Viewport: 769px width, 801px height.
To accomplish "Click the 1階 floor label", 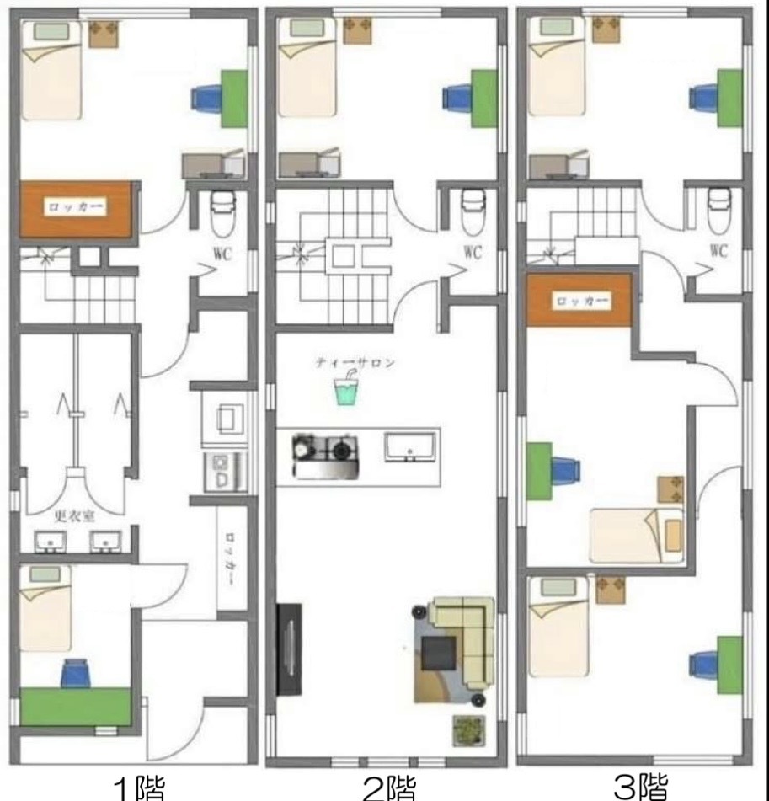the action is click(139, 789).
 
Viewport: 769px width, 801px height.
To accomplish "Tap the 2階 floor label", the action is click(389, 789).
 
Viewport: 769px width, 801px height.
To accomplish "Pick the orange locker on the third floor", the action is click(579, 300).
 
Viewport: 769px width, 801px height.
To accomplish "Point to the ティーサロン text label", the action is click(355, 363).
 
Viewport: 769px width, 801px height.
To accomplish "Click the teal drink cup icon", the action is click(346, 390).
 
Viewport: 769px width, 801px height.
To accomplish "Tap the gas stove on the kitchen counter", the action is click(325, 457).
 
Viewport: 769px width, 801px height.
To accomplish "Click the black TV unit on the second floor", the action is click(289, 649).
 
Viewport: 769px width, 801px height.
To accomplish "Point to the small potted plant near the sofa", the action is click(468, 730).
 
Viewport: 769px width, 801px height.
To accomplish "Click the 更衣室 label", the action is click(75, 517).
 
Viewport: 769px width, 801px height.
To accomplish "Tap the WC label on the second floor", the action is click(473, 253).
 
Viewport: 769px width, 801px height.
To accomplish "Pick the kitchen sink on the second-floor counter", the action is click(410, 447).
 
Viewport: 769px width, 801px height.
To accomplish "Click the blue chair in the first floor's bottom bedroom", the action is click(76, 673).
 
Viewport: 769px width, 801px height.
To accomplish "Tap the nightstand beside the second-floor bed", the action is click(358, 30).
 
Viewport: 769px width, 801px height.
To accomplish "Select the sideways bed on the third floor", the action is click(637, 536).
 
